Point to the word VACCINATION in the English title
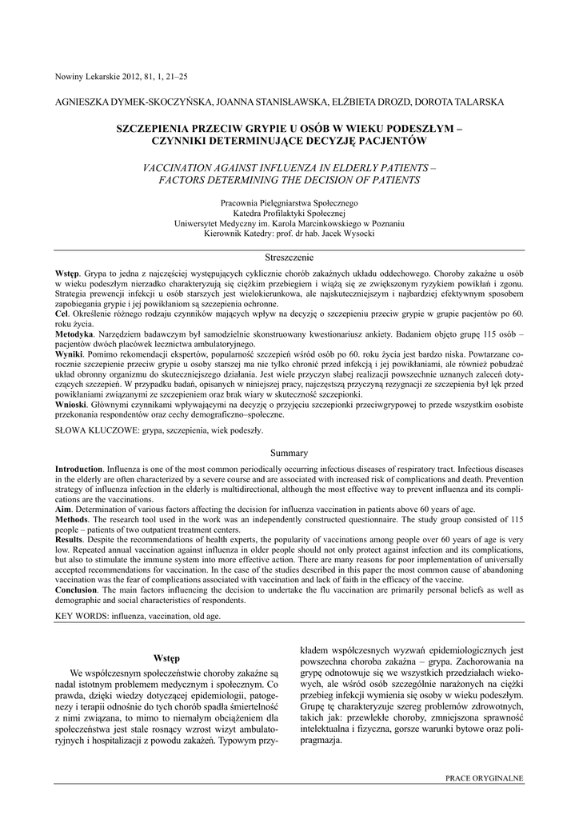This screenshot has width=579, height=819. click(181, 169)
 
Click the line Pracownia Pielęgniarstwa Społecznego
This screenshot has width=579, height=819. click(289, 205)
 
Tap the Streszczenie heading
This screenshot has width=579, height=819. click(289, 258)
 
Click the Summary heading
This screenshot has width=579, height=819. click(289, 453)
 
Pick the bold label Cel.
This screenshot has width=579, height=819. click(62, 317)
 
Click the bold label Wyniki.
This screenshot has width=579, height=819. click(69, 353)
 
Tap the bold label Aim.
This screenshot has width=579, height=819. click(62, 509)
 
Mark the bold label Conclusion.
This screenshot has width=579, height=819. click(76, 590)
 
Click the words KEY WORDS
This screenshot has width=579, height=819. click(81, 617)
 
